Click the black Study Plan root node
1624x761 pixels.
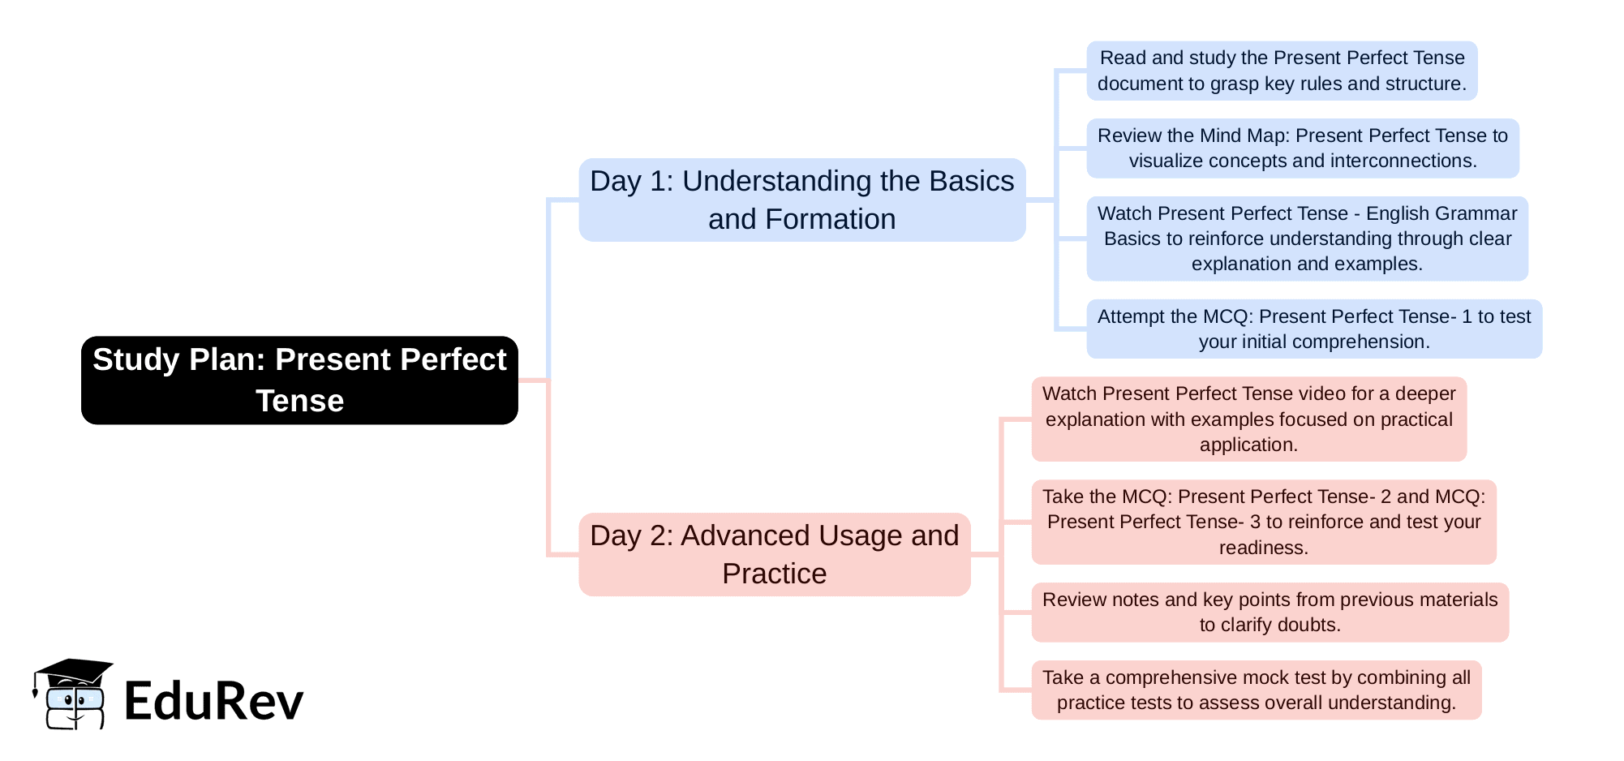tap(299, 380)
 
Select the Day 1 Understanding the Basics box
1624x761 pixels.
tap(801, 200)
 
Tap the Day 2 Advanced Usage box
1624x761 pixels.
tap(774, 554)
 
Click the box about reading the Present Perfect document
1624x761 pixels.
tap(1282, 71)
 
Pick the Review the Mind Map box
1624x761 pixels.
tap(1302, 148)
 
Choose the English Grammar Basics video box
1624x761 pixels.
tap(1307, 239)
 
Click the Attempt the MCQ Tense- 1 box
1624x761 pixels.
tap(1313, 329)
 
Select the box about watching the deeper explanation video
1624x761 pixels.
tap(1248, 419)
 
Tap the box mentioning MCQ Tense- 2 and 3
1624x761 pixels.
tap(1263, 522)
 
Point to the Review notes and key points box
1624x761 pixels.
tap(1270, 612)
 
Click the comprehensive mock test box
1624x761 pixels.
tap(1256, 690)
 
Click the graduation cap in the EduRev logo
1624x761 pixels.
tap(73, 672)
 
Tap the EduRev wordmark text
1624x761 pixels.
tap(214, 701)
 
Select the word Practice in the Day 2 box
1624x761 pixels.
tap(774, 574)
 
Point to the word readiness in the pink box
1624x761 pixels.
tap(1263, 548)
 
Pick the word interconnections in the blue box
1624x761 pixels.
tap(1383, 161)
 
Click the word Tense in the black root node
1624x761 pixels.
tap(299, 401)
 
